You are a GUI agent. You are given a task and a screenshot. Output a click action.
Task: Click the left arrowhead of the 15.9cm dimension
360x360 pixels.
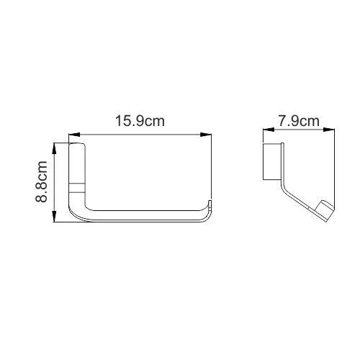(73, 133)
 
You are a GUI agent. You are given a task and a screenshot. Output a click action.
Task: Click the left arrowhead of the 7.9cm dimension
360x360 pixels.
(264, 131)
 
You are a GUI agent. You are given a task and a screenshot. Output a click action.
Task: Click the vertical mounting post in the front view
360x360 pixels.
(77, 173)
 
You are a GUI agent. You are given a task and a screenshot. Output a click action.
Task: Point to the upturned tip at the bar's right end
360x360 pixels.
(209, 204)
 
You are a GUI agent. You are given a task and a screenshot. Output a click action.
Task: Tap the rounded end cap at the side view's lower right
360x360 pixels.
(325, 211)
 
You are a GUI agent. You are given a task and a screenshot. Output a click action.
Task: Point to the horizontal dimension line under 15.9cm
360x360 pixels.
(140, 133)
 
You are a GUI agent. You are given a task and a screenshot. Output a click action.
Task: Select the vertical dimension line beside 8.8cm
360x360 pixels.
(55, 184)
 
